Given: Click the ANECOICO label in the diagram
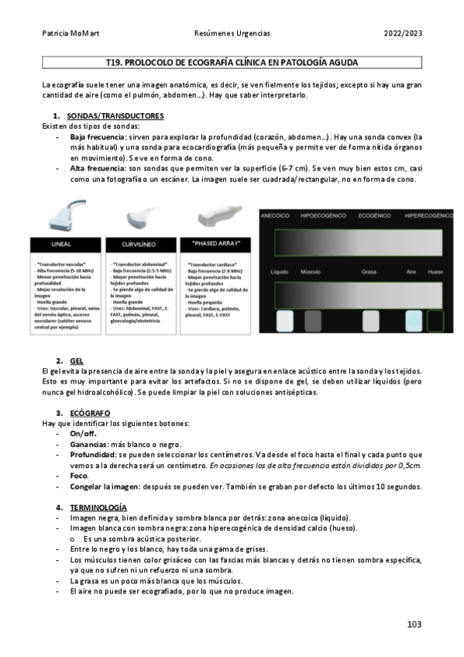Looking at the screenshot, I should click(x=275, y=215).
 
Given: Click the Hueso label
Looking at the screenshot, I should click(x=436, y=272).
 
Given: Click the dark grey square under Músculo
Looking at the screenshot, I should click(x=312, y=321).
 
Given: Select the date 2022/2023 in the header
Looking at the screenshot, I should click(x=404, y=34).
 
